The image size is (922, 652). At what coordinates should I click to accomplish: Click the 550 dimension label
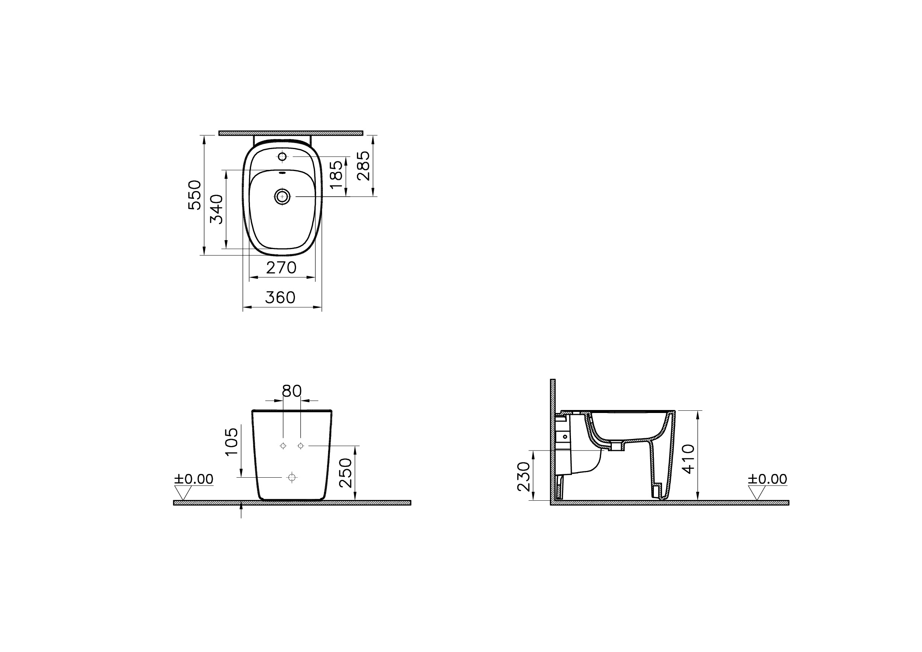[195, 195]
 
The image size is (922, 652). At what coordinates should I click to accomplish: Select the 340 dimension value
[217, 209]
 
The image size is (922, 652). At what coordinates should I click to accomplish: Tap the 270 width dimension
[281, 268]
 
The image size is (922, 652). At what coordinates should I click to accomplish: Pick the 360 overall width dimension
[280, 297]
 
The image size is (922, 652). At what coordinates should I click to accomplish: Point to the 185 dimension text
[336, 175]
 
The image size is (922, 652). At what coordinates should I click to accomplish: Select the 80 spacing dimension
[292, 391]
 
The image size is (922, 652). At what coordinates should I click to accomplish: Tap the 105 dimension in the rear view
[232, 442]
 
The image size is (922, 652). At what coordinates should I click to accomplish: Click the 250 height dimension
[346, 473]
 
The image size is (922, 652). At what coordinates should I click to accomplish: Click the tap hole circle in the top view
[282, 156]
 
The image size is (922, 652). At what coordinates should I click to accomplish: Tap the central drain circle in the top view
[282, 196]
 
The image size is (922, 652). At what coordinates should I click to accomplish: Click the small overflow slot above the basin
[282, 174]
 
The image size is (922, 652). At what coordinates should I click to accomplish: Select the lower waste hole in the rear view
[292, 477]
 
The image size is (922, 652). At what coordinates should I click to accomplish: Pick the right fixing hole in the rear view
[301, 446]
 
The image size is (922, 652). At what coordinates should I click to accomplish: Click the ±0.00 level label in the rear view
[194, 479]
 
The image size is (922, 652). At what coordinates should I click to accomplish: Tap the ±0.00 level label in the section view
[767, 479]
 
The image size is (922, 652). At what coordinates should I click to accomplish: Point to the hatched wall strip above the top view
[291, 133]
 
